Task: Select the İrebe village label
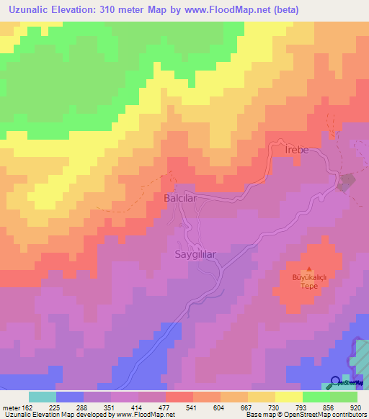[298, 150]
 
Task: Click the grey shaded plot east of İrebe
[347, 182]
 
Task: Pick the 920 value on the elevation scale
[356, 407]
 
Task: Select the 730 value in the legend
[275, 407]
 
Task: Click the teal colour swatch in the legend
[42, 397]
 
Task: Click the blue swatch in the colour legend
[69, 397]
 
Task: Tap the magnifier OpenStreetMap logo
[336, 382]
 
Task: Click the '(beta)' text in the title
[263, 10]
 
